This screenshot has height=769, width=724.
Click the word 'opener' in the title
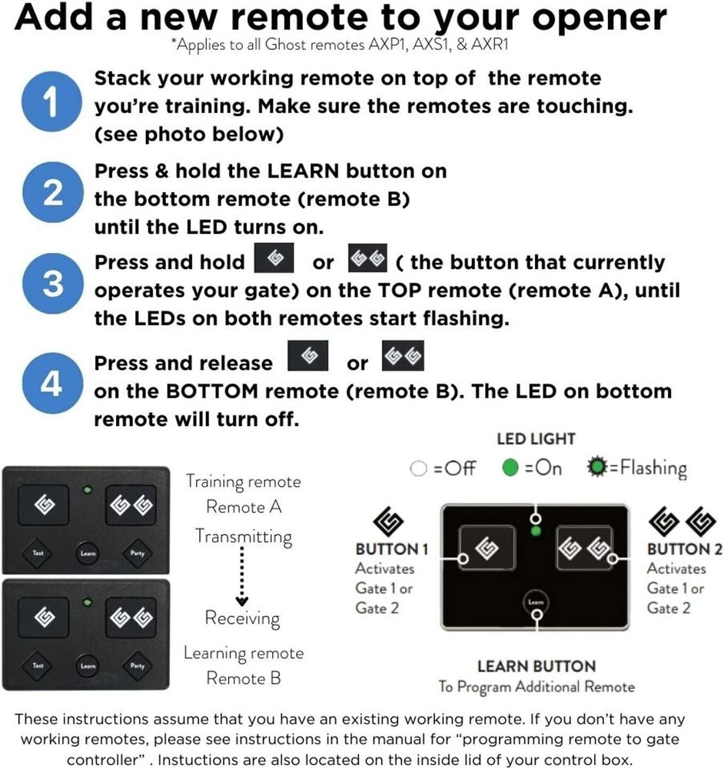click(x=591, y=19)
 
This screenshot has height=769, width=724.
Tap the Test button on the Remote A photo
click(x=38, y=552)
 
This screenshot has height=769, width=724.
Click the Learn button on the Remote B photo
click(x=88, y=666)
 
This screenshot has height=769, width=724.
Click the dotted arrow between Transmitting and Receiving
click(x=241, y=577)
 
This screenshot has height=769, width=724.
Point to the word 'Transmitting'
click(x=243, y=536)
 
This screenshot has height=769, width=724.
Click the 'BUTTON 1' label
click(x=391, y=549)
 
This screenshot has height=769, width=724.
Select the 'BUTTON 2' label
click(x=684, y=549)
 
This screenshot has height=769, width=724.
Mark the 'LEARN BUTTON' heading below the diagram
click(x=536, y=666)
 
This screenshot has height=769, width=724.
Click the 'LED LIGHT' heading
click(x=536, y=439)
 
